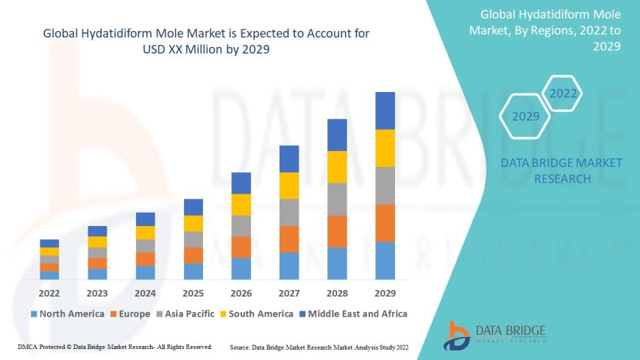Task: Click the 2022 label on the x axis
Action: [49, 292]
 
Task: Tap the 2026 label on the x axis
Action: [241, 292]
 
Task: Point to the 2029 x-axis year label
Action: [385, 292]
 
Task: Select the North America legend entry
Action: [67, 314]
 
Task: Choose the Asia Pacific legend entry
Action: [186, 314]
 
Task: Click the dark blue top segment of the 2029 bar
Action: [385, 110]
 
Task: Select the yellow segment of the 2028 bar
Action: [337, 166]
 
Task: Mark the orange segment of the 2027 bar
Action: [289, 239]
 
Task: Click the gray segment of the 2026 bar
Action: [241, 225]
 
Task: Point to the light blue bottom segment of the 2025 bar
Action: [193, 271]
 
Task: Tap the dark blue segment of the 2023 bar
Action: [97, 231]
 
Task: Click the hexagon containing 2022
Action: [563, 93]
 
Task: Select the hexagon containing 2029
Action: [525, 116]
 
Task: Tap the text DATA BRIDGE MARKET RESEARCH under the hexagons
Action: [561, 171]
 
